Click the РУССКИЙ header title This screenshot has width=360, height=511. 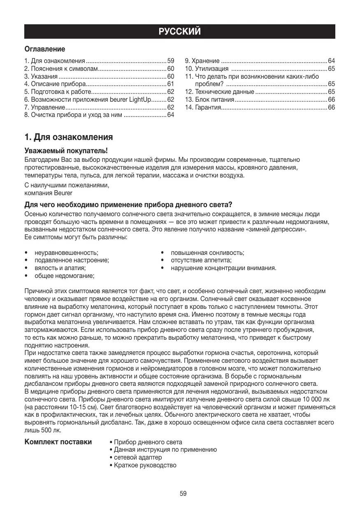click(x=180, y=32)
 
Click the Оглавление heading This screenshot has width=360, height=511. click(x=45, y=49)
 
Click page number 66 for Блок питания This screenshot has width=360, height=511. click(x=332, y=100)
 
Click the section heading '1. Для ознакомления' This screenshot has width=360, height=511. click(x=69, y=136)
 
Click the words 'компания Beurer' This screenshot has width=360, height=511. click(x=49, y=192)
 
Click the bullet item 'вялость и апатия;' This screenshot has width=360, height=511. click(x=60, y=268)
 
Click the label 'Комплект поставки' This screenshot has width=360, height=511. click(x=58, y=442)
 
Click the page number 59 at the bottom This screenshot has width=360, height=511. click(x=183, y=493)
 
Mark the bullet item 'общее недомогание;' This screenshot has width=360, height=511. click(x=64, y=275)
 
